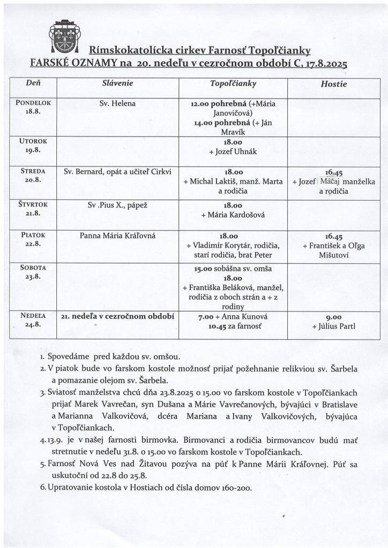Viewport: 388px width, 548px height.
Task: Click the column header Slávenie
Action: point(117,84)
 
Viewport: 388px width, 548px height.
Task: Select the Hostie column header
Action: point(333,84)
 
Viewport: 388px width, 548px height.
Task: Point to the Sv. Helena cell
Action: point(117,103)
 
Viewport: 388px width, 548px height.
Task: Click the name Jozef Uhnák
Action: point(233,151)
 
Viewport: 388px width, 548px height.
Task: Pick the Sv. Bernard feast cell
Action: point(117,172)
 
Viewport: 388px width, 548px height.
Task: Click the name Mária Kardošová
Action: point(233,215)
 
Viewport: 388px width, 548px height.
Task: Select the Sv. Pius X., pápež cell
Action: point(117,205)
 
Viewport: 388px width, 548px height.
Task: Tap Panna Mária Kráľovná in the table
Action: point(117,235)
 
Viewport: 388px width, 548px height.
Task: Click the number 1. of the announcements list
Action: point(43,356)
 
